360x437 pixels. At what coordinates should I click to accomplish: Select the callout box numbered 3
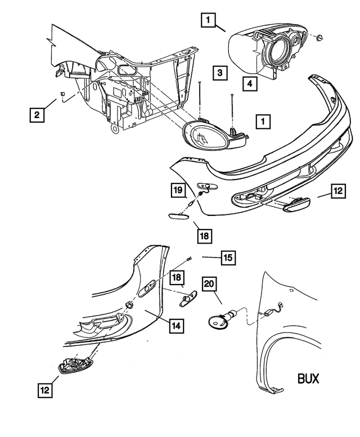(220, 73)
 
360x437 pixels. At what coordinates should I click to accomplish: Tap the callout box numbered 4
(250, 84)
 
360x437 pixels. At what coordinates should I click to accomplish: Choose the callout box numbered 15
(227, 258)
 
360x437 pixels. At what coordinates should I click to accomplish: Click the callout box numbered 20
(209, 285)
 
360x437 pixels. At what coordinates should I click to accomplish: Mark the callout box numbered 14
(175, 325)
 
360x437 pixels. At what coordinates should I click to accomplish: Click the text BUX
(308, 378)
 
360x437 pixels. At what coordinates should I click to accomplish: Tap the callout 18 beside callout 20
(176, 277)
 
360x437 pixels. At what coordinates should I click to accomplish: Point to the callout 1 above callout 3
(208, 21)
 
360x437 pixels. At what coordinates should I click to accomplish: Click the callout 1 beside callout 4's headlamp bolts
(262, 121)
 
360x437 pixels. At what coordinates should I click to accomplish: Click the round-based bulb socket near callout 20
(217, 322)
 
